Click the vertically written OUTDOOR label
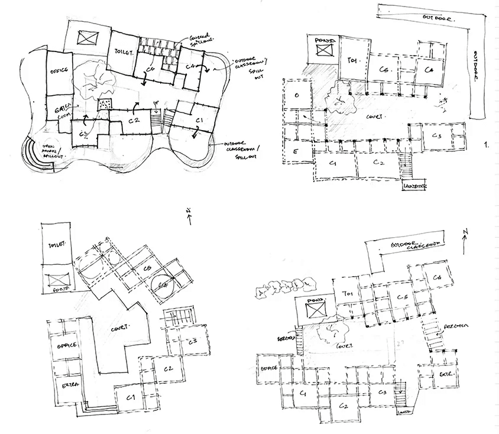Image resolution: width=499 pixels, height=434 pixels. pyautogui.click(x=477, y=68)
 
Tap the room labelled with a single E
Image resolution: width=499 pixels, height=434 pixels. pyautogui.click(x=294, y=151)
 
